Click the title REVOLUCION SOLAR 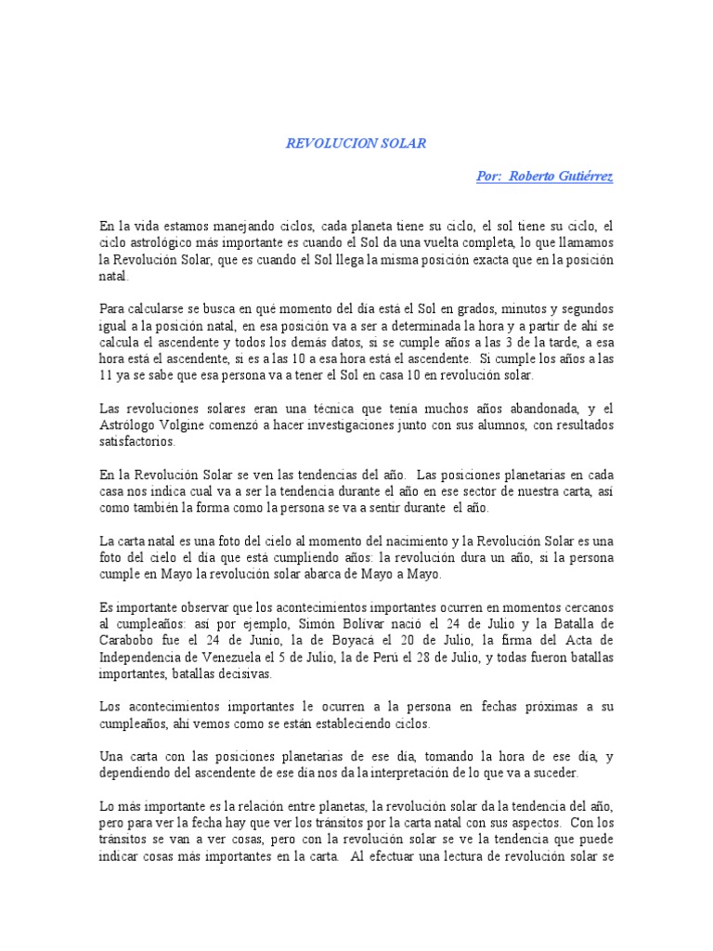point(356,144)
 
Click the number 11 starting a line point(106,373)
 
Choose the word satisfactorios point(136,443)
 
